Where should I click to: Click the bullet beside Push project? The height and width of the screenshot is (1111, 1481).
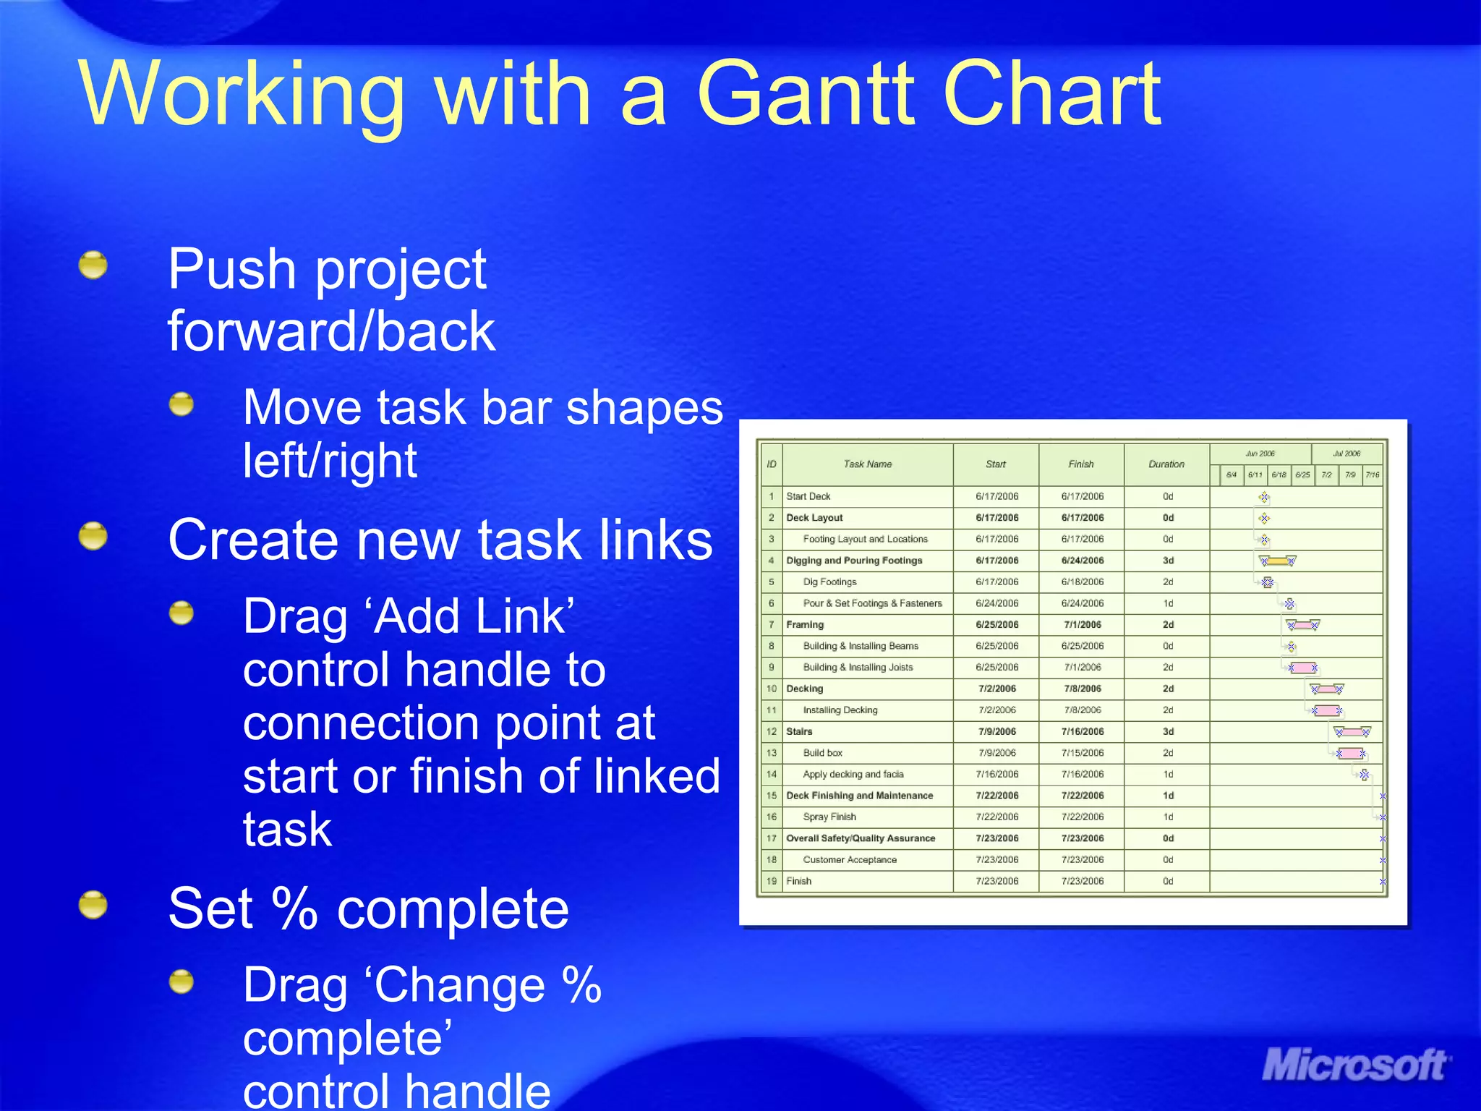[x=93, y=265]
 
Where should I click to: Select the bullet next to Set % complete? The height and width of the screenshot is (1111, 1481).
[x=93, y=905]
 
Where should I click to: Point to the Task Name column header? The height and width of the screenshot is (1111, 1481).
[x=867, y=464]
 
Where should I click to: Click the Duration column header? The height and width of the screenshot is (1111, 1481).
[x=1166, y=464]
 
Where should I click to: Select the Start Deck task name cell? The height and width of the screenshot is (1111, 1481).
[x=808, y=496]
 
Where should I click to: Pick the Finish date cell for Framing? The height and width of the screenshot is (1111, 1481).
[x=1082, y=624]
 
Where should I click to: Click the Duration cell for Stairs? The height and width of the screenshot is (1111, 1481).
[x=1167, y=731]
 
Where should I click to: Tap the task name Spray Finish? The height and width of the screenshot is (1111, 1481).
[x=829, y=817]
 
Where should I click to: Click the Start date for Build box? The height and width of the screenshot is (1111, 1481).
[x=996, y=753]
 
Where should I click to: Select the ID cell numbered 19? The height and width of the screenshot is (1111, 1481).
[x=771, y=881]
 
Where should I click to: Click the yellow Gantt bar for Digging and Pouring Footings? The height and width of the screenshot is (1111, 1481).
[x=1277, y=561]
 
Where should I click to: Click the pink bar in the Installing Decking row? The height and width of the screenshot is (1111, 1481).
[x=1326, y=710]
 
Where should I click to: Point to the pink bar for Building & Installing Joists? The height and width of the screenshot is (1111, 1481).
[x=1302, y=668]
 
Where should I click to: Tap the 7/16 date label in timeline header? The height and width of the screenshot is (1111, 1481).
[x=1372, y=475]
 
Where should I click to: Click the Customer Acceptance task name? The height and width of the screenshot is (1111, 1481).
[x=849, y=860]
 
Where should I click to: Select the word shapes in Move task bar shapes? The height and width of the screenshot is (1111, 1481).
[x=644, y=408]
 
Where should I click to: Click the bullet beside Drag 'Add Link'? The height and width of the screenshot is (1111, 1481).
[x=182, y=614]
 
